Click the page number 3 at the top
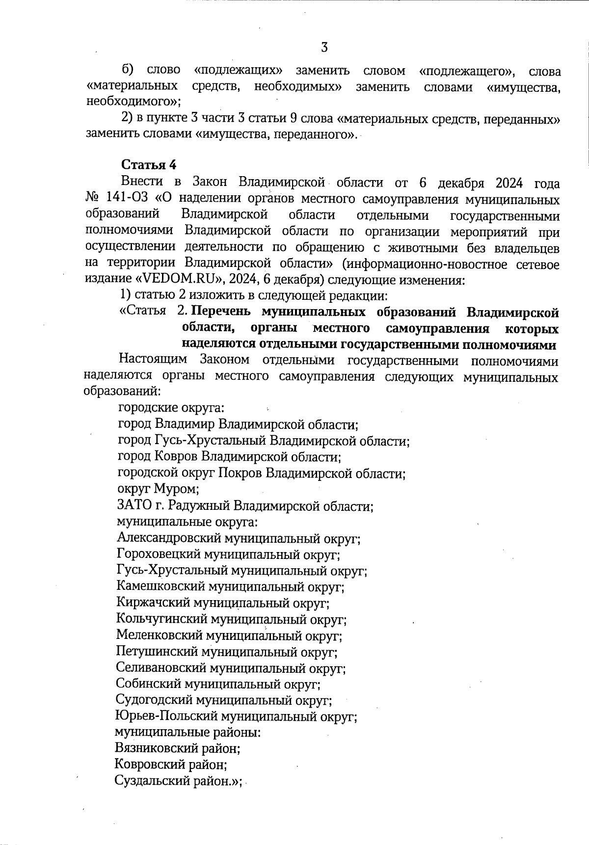pos(324,48)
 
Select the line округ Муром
pos(158,489)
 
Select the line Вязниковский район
pos(177,748)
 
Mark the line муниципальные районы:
pos(187,733)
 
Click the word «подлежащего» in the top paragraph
pos(467,72)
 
